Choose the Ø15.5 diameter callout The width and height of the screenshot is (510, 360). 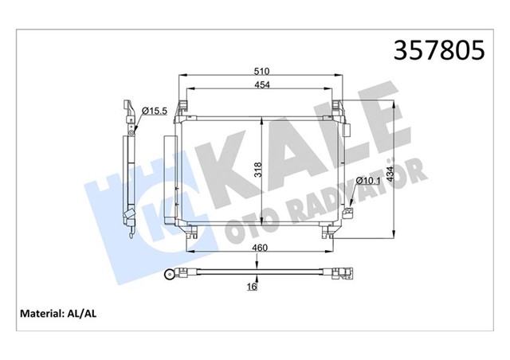[x=153, y=110]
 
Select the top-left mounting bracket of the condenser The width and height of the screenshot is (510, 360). [x=183, y=107]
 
